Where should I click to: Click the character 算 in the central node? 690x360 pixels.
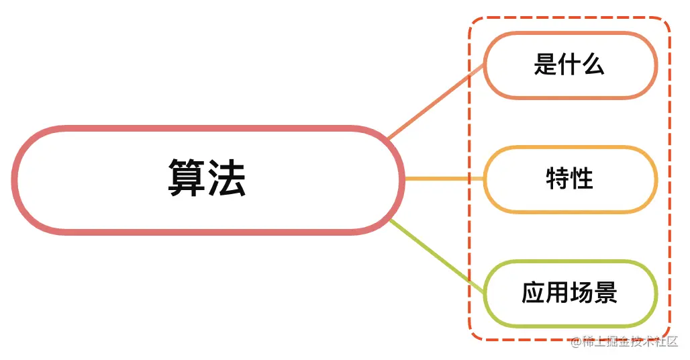[187, 179]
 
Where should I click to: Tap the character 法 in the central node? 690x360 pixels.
[227, 179]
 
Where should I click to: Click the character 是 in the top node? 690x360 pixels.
[545, 65]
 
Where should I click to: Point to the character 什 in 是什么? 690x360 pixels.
[569, 65]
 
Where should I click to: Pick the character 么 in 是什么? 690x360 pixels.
[593, 65]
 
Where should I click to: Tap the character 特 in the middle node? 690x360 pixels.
[558, 179]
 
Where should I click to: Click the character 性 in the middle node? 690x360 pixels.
[582, 179]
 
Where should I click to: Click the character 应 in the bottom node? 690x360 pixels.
[533, 294]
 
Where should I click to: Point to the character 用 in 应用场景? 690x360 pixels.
[557, 294]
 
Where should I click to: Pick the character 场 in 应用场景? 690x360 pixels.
[581, 294]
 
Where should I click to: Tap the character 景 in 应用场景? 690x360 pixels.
[605, 294]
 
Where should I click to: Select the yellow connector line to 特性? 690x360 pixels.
[443, 179]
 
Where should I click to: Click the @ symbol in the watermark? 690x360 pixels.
[575, 343]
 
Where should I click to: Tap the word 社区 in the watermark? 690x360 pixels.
[667, 343]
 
